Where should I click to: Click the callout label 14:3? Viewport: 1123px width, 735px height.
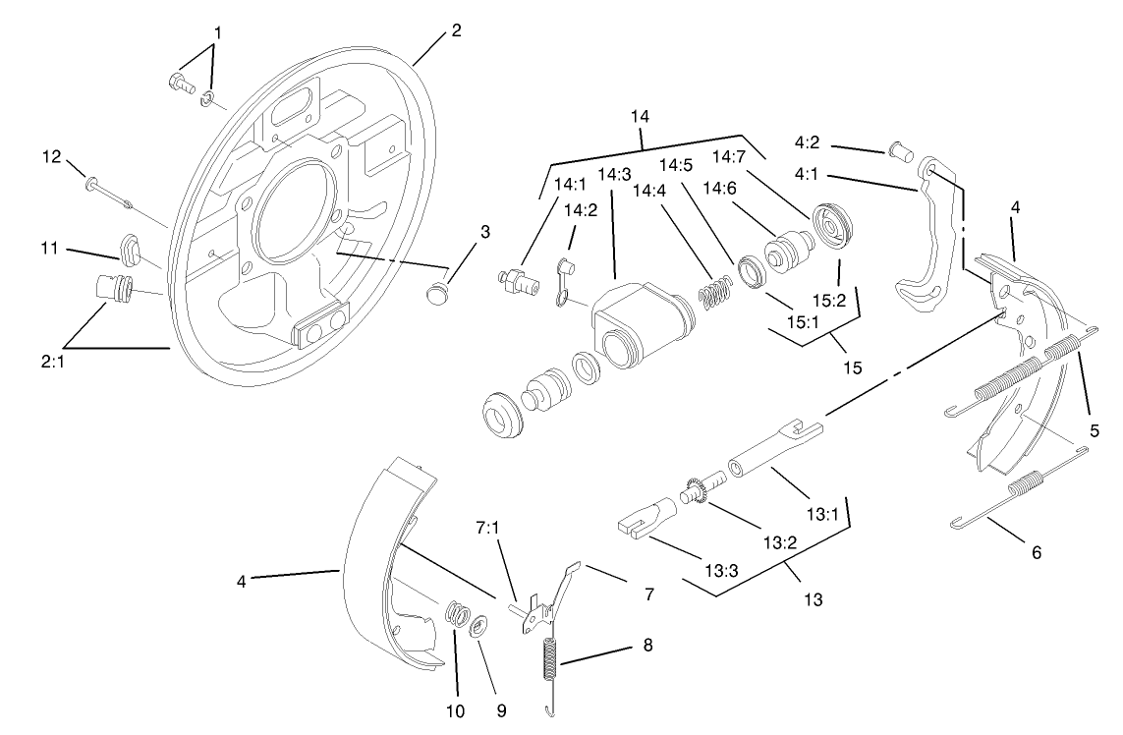point(613,174)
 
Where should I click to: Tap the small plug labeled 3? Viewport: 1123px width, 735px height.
point(439,292)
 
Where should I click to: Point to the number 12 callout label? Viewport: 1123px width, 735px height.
point(52,156)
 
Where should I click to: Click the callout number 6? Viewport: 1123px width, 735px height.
point(1036,552)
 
